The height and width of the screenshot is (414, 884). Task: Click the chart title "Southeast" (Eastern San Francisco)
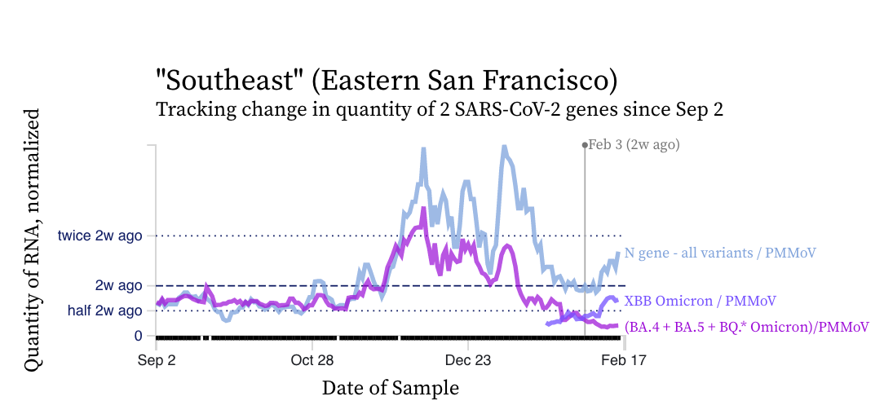(x=387, y=81)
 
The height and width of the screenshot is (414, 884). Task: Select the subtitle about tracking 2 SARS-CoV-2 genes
(x=440, y=109)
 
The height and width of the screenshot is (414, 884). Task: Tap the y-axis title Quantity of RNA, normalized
(x=33, y=240)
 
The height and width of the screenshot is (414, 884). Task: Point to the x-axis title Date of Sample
(x=390, y=388)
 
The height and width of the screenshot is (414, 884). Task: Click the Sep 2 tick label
(x=156, y=360)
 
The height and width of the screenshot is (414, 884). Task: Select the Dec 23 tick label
(x=467, y=360)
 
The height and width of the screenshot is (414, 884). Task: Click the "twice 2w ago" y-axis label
(x=99, y=236)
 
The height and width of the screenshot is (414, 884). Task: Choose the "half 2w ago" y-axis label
(x=105, y=310)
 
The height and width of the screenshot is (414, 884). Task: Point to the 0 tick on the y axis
(x=138, y=336)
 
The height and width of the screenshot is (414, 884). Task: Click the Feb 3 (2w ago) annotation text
(x=634, y=145)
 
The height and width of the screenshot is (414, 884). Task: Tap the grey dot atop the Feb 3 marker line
(x=586, y=145)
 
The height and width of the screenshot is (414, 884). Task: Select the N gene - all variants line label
(x=720, y=253)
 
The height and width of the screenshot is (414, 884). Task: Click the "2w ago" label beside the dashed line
(x=118, y=285)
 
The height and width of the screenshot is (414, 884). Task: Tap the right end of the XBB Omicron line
(x=618, y=301)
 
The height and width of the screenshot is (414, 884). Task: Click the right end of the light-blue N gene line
(x=618, y=253)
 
